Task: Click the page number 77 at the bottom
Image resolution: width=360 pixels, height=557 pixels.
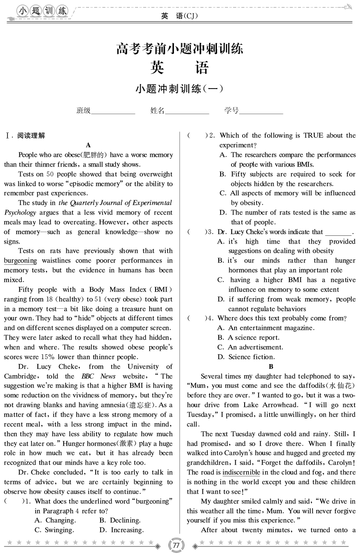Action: tap(177, 545)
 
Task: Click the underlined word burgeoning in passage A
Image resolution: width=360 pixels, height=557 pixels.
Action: tap(20, 261)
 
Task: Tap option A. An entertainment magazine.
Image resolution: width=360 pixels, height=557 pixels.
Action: tap(266, 328)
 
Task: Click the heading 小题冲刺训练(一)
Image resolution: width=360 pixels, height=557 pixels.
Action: tap(180, 89)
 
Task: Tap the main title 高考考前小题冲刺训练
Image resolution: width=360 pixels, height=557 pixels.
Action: tap(180, 48)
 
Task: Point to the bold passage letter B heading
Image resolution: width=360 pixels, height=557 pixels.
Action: tap(271, 366)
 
